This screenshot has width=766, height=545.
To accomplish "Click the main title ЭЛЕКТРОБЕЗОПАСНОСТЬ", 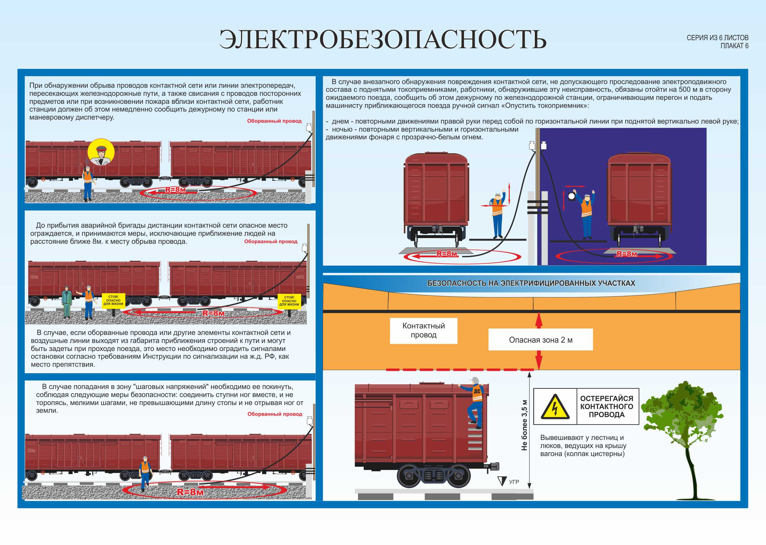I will click(x=383, y=39).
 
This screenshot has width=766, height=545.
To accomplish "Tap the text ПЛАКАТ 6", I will click(x=734, y=46).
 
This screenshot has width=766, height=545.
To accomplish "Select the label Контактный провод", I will click(x=423, y=330).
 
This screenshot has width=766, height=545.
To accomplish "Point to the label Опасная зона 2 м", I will click(x=540, y=340).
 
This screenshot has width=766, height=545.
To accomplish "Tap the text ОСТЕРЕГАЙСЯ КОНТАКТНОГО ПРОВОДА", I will click(x=606, y=406).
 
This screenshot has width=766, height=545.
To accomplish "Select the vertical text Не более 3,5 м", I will click(x=524, y=425).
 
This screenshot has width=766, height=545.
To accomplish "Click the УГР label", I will click(x=513, y=482).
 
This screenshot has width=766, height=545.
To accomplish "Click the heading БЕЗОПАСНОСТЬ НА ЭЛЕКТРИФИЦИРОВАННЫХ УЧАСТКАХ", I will click(x=531, y=283).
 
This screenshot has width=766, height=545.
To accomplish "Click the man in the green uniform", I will click(x=67, y=301).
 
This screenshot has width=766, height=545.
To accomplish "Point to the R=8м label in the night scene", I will click(x=626, y=254).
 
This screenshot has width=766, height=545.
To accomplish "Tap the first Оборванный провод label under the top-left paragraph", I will click(x=274, y=121).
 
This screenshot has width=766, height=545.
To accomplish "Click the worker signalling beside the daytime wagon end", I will click(x=497, y=215).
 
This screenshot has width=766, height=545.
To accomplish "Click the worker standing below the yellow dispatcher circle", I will click(x=87, y=183).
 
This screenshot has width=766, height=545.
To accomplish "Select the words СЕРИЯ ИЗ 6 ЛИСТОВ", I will click(x=717, y=38).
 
